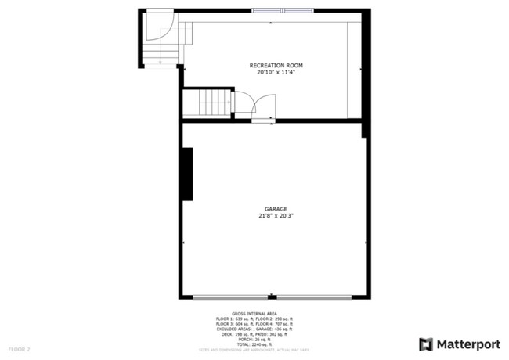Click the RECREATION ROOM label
pos(276,65)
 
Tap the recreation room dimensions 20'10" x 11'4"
pos(276,72)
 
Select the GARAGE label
pos(276,209)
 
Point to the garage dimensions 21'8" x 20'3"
pos(276,216)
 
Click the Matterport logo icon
pos(426,344)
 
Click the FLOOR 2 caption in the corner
pos(19,348)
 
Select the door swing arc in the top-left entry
pos(161,27)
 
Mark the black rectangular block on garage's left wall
pos(187,173)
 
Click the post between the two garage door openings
pos(270,297)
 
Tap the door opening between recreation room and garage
pos(262,120)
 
